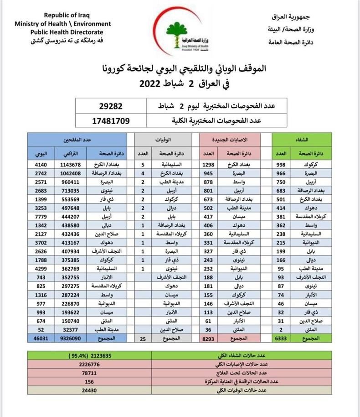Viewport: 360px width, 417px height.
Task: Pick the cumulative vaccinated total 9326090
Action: click(70, 338)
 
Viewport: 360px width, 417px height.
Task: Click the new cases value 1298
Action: click(208, 164)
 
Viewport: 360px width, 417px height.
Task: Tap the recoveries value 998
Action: click(281, 164)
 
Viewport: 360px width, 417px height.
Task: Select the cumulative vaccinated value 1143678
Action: click(70, 164)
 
